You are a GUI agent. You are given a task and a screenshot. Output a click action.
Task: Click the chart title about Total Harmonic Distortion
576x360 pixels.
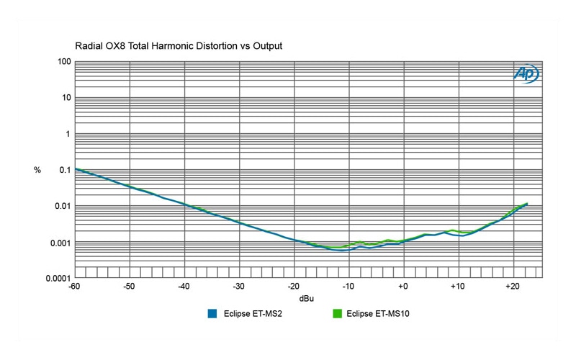(178, 46)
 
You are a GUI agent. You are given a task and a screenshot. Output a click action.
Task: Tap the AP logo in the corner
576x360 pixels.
(526, 73)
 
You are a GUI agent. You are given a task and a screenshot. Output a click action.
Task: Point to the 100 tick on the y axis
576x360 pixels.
(63, 62)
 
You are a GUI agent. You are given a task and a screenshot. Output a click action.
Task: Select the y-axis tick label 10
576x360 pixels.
(65, 98)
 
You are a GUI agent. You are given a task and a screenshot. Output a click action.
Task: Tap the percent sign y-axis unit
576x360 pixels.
(37, 170)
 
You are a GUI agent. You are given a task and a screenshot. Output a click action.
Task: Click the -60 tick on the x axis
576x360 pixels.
(74, 287)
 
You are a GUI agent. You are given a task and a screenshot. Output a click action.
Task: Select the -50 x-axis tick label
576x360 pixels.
(129, 287)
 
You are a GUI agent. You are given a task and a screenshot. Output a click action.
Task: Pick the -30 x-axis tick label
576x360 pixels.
(238, 287)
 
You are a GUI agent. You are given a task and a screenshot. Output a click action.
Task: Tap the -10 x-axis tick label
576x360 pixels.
(348, 287)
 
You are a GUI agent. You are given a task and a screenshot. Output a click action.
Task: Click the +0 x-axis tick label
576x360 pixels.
(402, 287)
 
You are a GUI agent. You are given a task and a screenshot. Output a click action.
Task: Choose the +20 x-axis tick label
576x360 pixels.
(512, 287)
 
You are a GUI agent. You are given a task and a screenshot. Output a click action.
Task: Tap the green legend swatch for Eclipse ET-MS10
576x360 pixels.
(337, 313)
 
